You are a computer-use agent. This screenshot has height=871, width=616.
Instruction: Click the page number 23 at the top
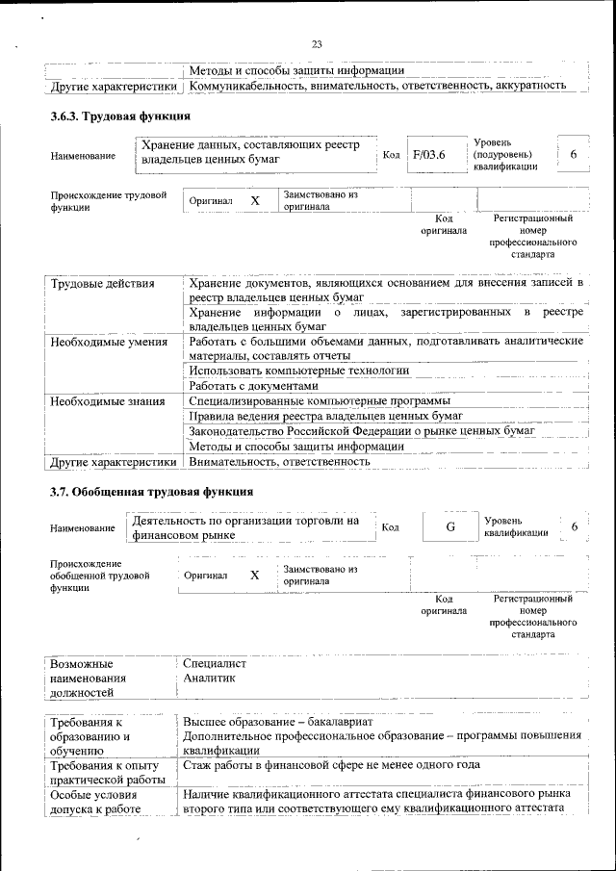tap(317, 43)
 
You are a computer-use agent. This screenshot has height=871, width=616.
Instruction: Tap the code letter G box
tap(449, 526)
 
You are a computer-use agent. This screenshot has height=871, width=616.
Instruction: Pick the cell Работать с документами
tap(253, 386)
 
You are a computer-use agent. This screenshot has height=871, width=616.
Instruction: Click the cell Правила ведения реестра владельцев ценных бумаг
tap(326, 416)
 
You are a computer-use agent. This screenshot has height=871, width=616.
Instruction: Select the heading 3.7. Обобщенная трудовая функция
tap(138, 492)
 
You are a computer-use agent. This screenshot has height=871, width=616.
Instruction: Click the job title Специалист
tap(215, 663)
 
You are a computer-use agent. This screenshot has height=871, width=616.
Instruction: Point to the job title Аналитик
tap(209, 678)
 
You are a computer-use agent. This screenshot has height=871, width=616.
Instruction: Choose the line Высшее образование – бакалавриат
tap(279, 722)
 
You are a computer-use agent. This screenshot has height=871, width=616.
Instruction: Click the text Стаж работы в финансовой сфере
tap(288, 765)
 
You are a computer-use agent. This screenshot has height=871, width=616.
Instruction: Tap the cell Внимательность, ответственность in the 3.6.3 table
tap(280, 462)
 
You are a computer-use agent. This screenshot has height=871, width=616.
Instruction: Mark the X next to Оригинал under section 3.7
tap(255, 575)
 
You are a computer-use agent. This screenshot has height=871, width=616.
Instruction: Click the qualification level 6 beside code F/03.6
tap(574, 155)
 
